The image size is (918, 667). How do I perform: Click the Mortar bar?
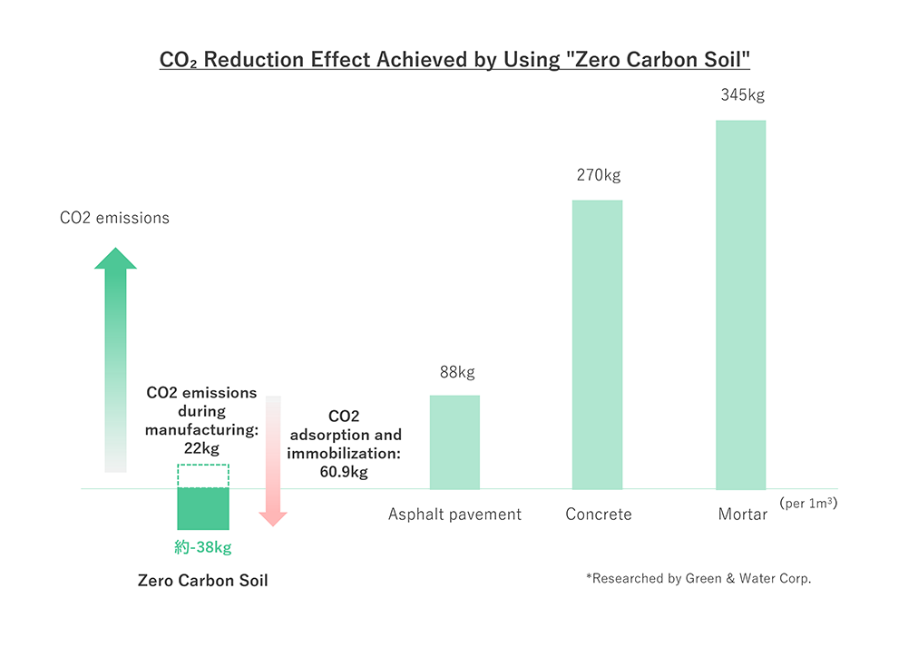point(740,305)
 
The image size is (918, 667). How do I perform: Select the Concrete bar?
point(597,345)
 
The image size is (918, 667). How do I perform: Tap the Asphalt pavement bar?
point(454,442)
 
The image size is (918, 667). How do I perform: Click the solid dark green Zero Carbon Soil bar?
point(203,508)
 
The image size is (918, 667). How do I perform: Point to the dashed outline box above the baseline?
point(203,476)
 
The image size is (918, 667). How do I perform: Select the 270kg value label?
point(599,175)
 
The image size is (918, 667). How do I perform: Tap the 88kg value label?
point(456,371)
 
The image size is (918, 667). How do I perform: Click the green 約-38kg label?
point(203,547)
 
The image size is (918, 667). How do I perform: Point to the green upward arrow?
point(115,363)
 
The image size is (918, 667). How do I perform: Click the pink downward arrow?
point(273,463)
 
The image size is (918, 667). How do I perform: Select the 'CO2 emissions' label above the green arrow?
point(114,218)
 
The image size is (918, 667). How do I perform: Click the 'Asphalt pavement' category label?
point(454,515)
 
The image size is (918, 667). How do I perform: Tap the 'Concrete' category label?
point(598,515)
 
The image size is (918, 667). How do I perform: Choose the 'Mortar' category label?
point(742,515)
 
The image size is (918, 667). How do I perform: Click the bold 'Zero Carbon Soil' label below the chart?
point(202,581)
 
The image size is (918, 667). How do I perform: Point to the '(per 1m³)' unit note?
point(807,502)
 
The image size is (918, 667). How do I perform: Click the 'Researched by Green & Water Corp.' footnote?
point(698,578)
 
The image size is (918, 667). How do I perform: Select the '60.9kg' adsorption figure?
point(345,472)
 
